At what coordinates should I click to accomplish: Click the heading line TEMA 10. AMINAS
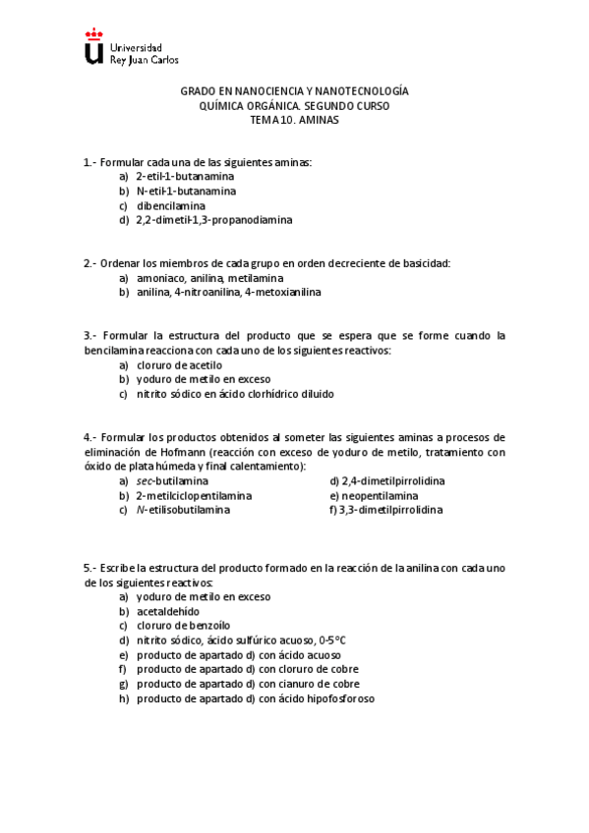click(294, 118)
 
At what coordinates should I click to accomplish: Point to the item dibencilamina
click(171, 205)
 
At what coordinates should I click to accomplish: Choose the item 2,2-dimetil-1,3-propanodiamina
click(213, 220)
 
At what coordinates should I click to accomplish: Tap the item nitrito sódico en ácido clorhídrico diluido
click(235, 394)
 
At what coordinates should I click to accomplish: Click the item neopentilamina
click(376, 496)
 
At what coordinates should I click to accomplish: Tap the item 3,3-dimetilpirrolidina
click(391, 511)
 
